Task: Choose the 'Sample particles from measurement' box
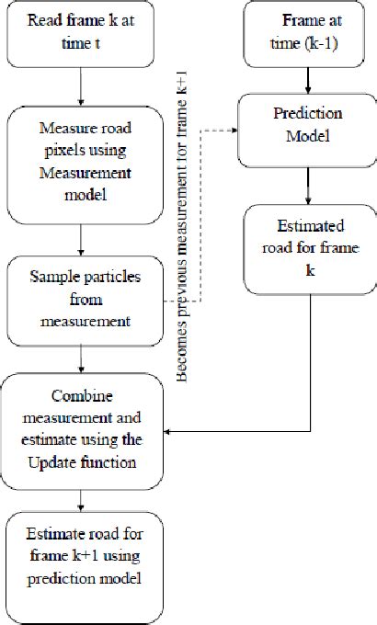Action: [x=83, y=301]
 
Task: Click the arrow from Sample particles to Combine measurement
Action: [x=83, y=358]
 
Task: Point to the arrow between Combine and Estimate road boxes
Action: [x=83, y=500]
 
